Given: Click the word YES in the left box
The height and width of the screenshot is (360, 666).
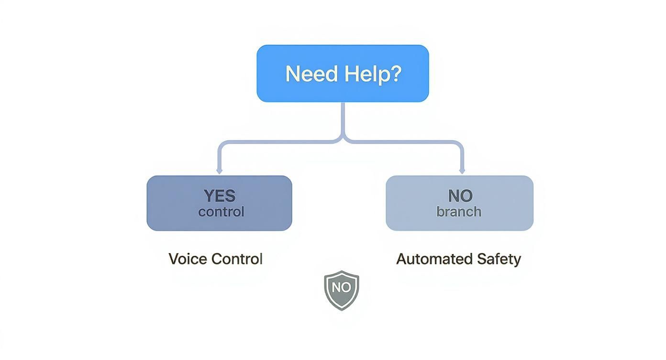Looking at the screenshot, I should (x=220, y=196).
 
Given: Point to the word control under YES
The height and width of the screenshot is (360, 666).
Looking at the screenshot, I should (x=221, y=212).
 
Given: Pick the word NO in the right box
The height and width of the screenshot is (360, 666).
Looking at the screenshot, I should (x=460, y=196).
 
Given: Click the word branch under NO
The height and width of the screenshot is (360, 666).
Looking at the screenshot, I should (x=459, y=212).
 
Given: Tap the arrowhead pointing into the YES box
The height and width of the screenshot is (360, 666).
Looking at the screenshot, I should (x=219, y=171).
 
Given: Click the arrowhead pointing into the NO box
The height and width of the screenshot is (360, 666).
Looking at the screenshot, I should (x=462, y=171).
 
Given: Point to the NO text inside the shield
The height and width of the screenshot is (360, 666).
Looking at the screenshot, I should (x=341, y=287).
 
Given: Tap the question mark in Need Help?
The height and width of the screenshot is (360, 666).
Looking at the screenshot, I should (x=395, y=74).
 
